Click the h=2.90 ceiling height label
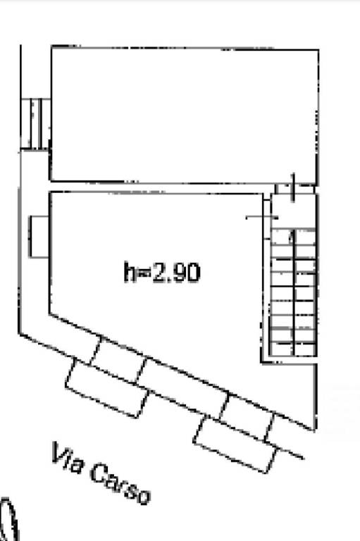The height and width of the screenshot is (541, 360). click(x=161, y=272)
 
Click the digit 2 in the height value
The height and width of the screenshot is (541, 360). click(x=160, y=272)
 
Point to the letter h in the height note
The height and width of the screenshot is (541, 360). click(x=130, y=272)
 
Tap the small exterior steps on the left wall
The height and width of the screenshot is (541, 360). click(x=35, y=123)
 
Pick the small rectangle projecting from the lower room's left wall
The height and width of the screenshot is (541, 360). click(x=39, y=237)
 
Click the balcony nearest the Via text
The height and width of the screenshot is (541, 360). click(x=107, y=388)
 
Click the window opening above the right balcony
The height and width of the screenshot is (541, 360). click(x=247, y=418)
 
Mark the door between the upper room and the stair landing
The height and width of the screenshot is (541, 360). click(x=293, y=187)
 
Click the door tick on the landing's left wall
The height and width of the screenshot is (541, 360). click(x=262, y=218)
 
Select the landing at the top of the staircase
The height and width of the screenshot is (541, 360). click(x=293, y=211)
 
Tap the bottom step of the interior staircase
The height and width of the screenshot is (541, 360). click(x=293, y=349)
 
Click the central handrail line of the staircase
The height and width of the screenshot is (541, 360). click(x=294, y=292)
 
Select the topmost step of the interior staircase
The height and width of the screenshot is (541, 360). click(x=293, y=237)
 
